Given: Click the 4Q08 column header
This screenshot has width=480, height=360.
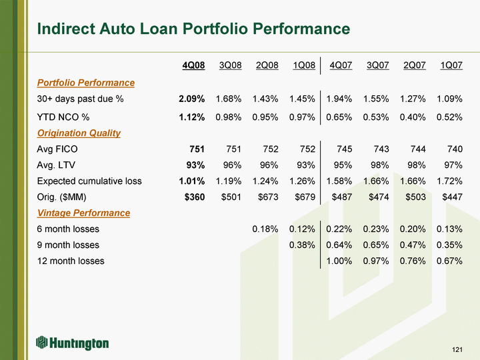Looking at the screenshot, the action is (x=193, y=65).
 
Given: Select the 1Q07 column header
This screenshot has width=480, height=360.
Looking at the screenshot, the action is (x=451, y=65).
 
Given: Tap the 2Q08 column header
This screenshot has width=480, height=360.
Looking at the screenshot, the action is (x=267, y=65).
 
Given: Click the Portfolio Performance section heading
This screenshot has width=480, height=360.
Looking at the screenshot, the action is (x=86, y=83).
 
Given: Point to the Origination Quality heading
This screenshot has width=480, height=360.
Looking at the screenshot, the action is (x=79, y=133).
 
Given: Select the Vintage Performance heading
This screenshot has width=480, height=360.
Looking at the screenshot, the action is (x=83, y=213).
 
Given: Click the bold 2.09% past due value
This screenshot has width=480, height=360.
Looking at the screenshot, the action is (x=192, y=99).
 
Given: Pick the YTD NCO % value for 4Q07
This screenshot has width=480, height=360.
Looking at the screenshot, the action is (x=339, y=117).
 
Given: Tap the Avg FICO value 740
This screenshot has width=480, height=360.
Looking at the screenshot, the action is (x=455, y=149).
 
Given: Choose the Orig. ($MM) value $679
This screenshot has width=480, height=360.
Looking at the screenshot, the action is (x=305, y=197).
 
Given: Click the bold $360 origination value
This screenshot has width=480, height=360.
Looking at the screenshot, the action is (x=195, y=197).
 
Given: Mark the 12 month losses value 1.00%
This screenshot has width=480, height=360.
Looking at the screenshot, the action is (x=339, y=261).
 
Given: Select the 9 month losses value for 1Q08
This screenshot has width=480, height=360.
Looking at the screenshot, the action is (x=302, y=245).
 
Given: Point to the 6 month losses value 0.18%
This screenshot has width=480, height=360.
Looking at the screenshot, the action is (x=265, y=229).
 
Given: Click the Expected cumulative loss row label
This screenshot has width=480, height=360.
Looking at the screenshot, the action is (x=89, y=181).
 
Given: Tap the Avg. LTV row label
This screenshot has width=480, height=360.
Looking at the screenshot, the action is (x=56, y=165).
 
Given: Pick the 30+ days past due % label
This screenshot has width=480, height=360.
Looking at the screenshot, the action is (x=80, y=99).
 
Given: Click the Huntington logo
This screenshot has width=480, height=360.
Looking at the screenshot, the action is (x=72, y=343).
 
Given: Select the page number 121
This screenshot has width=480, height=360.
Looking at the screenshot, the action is (x=457, y=349).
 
